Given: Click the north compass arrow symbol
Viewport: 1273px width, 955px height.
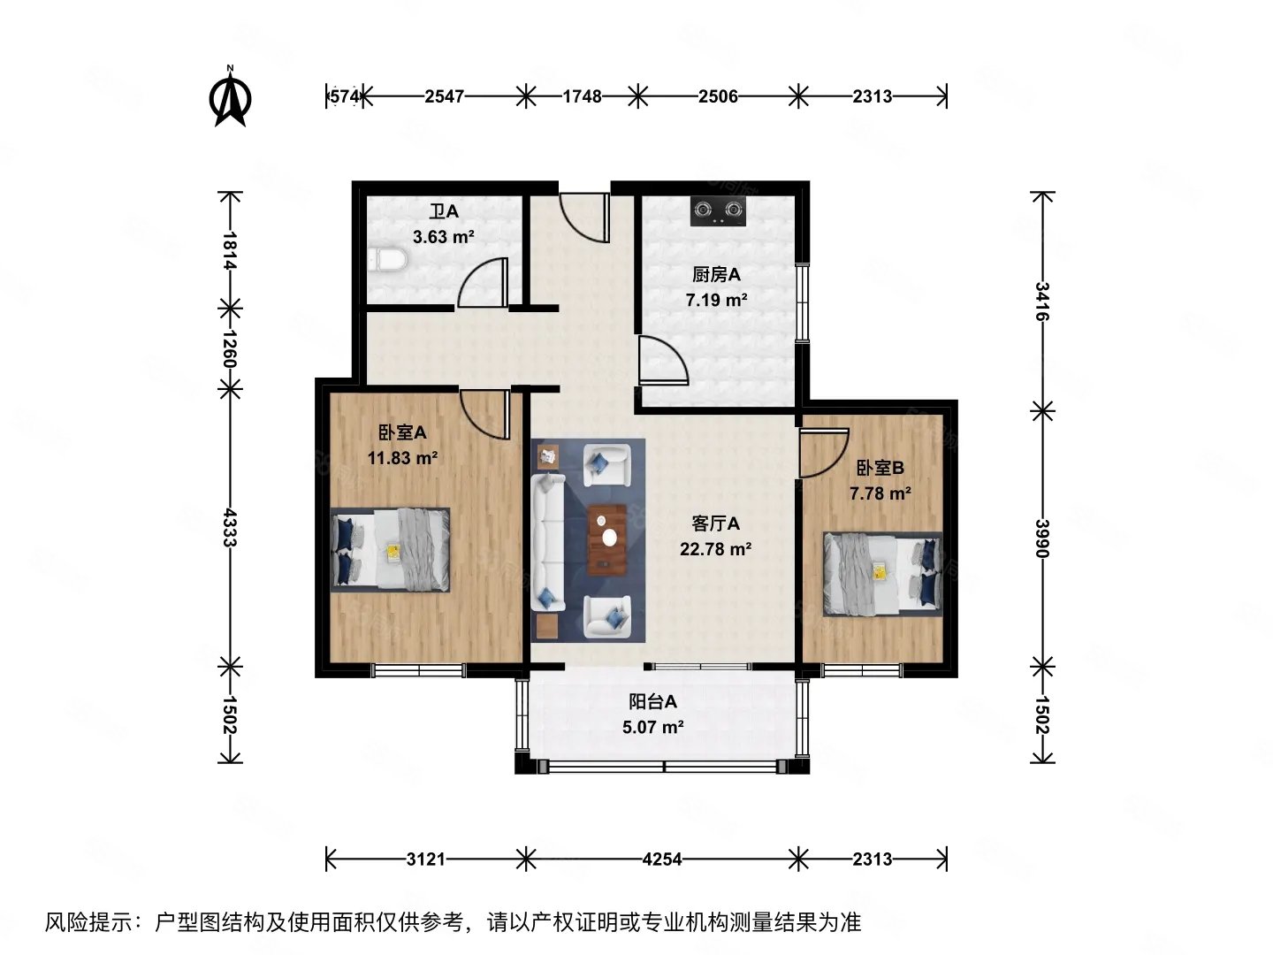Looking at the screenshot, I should point(230,99).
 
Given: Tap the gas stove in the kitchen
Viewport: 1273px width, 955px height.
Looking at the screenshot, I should point(717,210).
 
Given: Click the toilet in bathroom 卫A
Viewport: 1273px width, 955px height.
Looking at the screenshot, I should point(387,260).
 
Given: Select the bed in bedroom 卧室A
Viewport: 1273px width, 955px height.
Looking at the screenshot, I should point(390,548).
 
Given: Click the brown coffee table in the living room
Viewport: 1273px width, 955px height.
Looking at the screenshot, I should point(607,538).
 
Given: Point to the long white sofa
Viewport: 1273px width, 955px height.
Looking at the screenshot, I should point(548,543).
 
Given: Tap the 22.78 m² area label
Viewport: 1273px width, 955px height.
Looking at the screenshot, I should point(715,549).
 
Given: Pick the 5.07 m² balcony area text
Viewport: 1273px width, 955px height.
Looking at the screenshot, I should point(653,728).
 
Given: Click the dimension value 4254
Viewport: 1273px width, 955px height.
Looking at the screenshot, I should point(662,859).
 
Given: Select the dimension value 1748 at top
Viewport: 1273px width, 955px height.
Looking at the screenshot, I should point(582,96).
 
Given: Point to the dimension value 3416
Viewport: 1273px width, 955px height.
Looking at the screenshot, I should point(1043,302).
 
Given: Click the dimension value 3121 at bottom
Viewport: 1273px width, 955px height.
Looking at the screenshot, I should point(425,859).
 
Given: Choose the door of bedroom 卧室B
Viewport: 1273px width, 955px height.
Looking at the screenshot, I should point(822,454).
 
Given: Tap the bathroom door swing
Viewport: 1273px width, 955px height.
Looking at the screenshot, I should point(484,283).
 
